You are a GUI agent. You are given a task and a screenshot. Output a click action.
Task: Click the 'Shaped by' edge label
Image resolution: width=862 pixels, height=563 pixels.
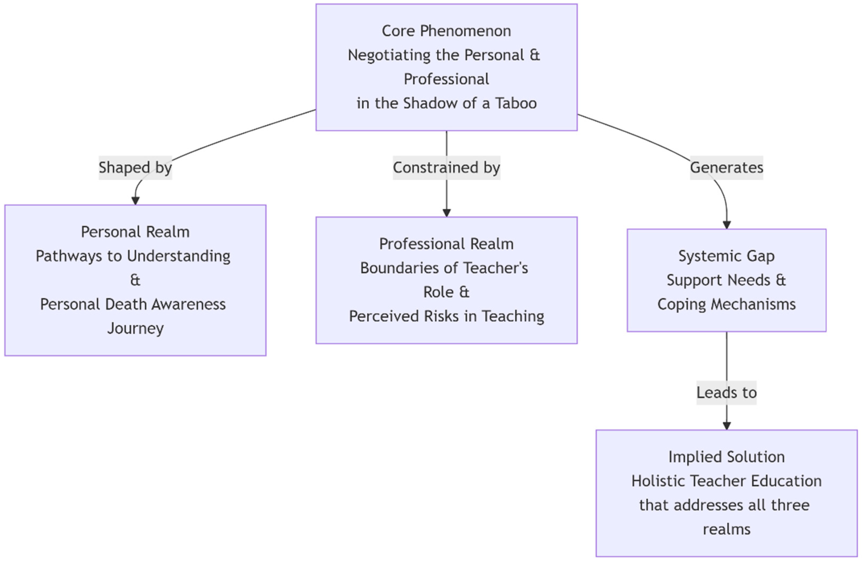(135, 168)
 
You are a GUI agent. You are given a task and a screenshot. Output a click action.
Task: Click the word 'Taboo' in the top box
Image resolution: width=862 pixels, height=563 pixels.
(516, 103)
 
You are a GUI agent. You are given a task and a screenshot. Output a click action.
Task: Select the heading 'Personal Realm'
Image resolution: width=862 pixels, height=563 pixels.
(135, 232)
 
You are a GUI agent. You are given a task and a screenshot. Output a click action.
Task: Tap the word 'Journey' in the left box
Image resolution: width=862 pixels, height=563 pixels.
(135, 328)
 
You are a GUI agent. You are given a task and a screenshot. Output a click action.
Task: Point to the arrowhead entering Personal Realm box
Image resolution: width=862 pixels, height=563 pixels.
(135, 200)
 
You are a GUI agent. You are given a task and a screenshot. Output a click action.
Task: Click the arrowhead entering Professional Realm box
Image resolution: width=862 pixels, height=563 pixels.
(447, 213)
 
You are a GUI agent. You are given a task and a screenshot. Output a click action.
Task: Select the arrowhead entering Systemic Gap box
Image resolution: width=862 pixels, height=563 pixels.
(727, 225)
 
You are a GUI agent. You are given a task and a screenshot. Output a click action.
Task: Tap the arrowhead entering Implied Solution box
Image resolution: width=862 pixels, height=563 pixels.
(727, 426)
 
